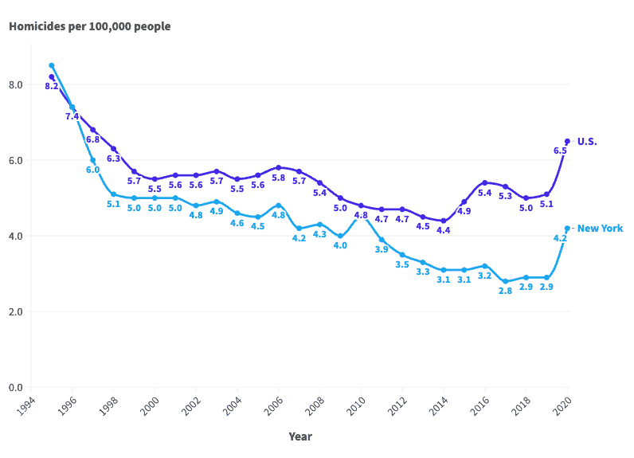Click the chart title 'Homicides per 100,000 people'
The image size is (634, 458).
[89, 26]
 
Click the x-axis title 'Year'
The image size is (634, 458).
[300, 436]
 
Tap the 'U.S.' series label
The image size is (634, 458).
[587, 142]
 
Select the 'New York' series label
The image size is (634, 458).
[600, 229]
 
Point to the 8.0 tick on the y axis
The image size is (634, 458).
[15, 84]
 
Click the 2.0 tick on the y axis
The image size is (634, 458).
[15, 311]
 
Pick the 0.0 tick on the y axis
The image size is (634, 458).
[15, 387]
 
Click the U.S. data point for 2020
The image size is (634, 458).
[567, 141]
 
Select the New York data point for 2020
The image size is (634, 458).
[567, 228]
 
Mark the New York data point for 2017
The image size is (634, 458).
[505, 281]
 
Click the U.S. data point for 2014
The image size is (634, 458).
[444, 221]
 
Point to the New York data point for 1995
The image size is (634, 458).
[51, 65]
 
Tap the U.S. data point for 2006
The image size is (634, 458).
[278, 167]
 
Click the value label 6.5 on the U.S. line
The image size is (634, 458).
[560, 151]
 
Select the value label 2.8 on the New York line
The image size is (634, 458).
[505, 292]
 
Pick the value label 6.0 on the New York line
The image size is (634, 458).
[92, 170]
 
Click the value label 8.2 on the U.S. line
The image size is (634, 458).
[51, 86]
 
